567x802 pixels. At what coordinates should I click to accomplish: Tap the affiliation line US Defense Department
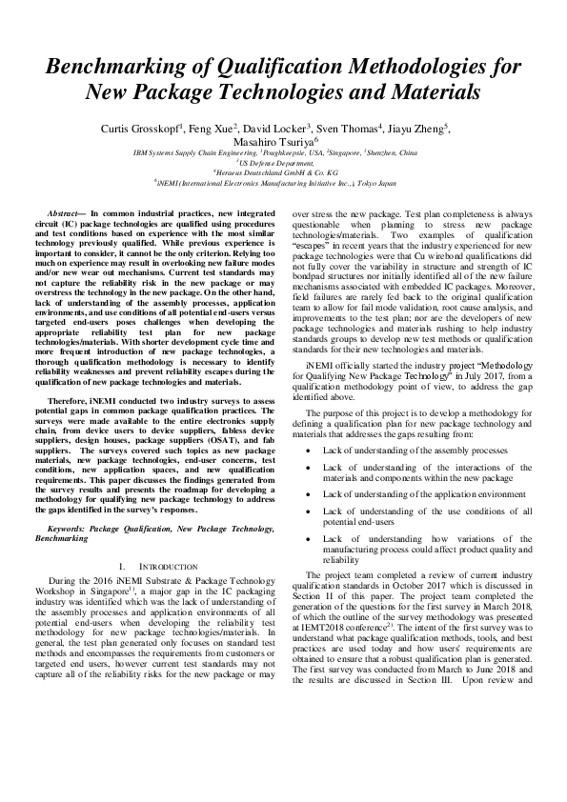[x=283, y=162]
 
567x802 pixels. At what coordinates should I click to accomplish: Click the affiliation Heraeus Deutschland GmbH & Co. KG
[x=283, y=171]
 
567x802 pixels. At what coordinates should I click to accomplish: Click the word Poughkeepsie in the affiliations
[x=292, y=152]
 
